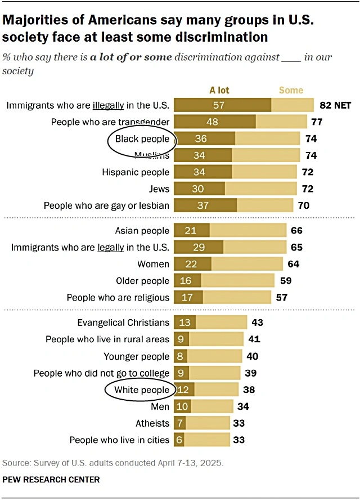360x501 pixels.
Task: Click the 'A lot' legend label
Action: point(219,90)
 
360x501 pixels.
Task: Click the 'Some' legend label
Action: point(291,90)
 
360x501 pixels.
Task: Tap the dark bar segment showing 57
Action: point(223,105)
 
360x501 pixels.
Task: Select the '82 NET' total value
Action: point(335,105)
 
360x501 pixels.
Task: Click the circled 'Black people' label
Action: point(142,138)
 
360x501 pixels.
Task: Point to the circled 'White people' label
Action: point(141,390)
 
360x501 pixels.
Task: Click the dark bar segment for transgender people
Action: point(215,122)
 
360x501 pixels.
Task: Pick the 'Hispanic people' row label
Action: point(136,172)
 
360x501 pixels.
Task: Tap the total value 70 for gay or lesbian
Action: point(303,205)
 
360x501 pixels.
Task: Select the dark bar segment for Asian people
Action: point(192,230)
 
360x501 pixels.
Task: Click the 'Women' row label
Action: point(153,264)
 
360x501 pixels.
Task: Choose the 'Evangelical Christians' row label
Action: point(123,323)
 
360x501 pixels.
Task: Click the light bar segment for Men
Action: point(212,406)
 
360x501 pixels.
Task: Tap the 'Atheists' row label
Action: point(152,423)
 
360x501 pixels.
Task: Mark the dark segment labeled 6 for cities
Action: point(179,440)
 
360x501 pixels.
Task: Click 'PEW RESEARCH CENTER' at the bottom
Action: point(51,480)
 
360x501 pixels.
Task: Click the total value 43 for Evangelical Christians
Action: point(257,323)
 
